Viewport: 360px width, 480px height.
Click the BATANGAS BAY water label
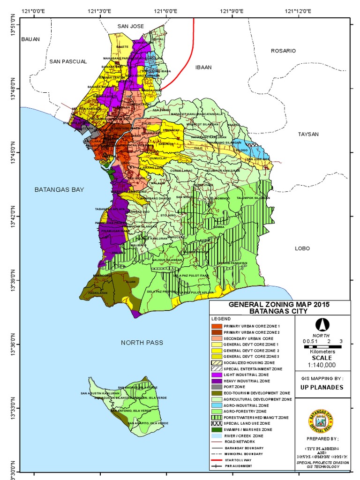tap(59, 189)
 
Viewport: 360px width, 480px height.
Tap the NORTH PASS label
tap(142, 343)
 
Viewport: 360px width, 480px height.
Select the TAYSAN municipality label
tap(308, 134)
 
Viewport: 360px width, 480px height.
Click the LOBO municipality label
tap(303, 248)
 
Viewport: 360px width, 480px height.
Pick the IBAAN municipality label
tap(203, 67)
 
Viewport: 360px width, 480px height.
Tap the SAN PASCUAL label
tap(68, 61)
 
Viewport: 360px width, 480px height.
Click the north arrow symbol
tap(322, 324)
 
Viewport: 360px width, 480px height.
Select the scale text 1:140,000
tap(322, 364)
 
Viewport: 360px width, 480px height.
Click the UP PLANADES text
tap(322, 387)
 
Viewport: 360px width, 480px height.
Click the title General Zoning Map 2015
tap(279, 304)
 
